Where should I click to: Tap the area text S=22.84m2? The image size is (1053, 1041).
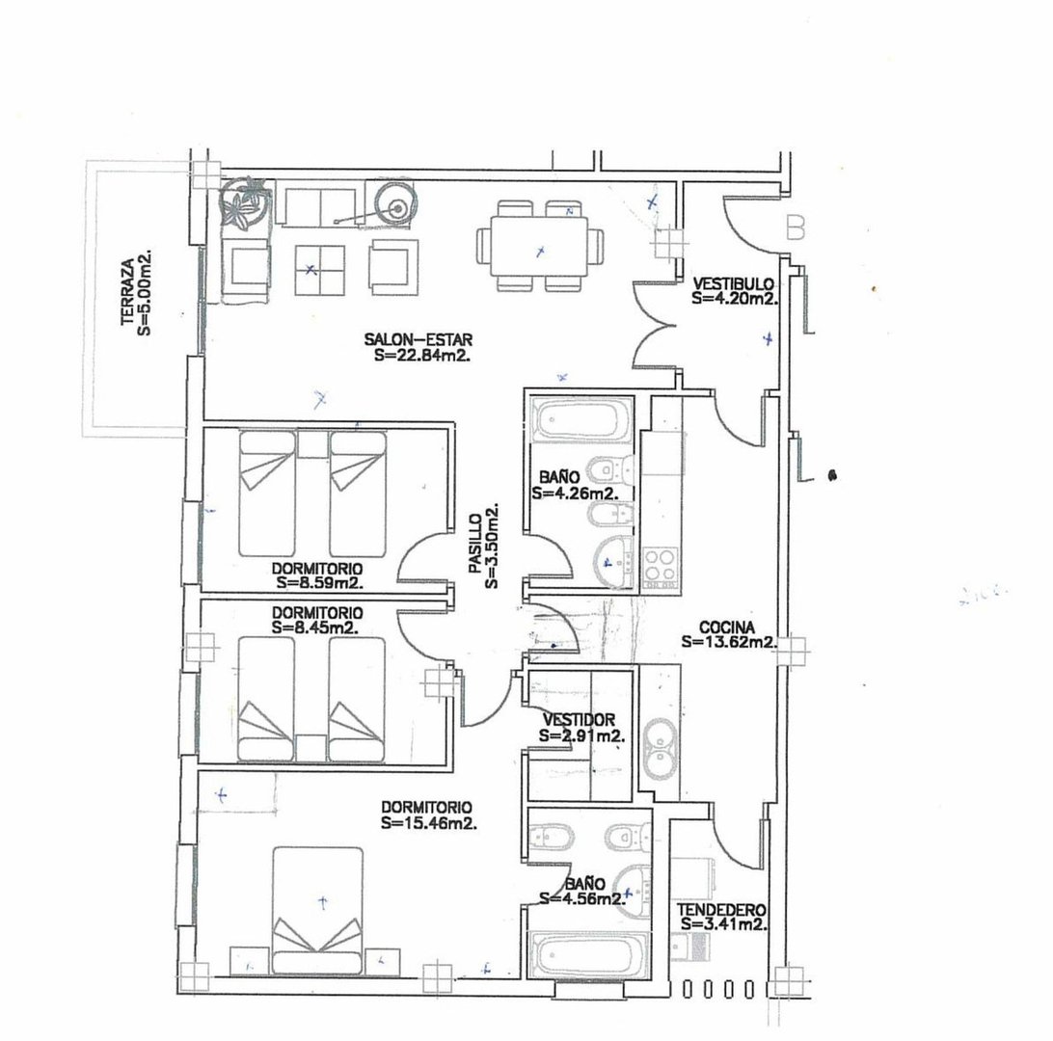click(x=421, y=356)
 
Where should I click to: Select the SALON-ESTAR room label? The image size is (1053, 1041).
click(x=418, y=339)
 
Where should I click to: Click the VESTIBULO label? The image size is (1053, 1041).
click(x=733, y=284)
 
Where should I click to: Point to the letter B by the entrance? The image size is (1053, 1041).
click(x=796, y=227)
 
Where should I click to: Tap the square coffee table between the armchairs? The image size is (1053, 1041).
click(x=320, y=271)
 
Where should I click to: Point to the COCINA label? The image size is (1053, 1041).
click(x=727, y=627)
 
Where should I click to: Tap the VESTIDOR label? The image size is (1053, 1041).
click(x=579, y=720)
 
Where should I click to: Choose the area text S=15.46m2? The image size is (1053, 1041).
click(x=429, y=823)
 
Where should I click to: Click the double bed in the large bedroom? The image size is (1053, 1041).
click(x=317, y=910)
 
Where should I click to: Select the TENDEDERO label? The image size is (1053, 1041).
click(x=721, y=910)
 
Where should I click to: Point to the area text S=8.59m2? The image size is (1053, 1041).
click(x=320, y=583)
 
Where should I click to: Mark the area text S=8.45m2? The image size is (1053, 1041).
click(x=315, y=628)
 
